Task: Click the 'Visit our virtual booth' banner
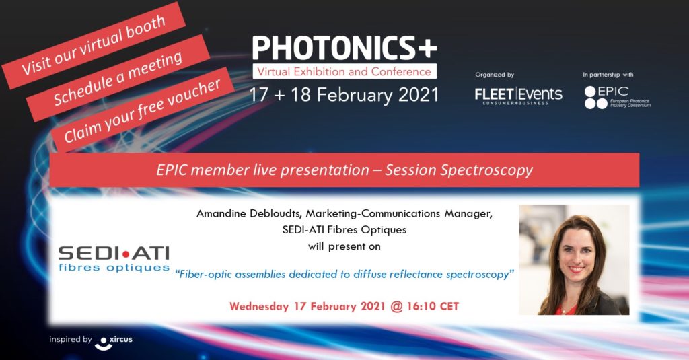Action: [94, 45]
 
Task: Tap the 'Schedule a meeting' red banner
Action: [118, 78]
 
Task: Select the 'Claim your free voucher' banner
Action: [142, 111]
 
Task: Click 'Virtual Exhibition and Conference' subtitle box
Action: [344, 71]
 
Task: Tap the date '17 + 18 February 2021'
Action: [344, 95]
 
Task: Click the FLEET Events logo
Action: [518, 96]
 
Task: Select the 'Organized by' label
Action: [495, 75]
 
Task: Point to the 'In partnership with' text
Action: [608, 75]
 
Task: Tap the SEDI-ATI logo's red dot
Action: [126, 254]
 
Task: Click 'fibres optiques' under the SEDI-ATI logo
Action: [114, 267]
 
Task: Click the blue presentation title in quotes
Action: [344, 275]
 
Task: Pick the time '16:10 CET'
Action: [433, 306]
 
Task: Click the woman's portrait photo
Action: [574, 260]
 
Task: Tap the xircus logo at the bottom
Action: [113, 342]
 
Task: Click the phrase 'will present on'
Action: [344, 246]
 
